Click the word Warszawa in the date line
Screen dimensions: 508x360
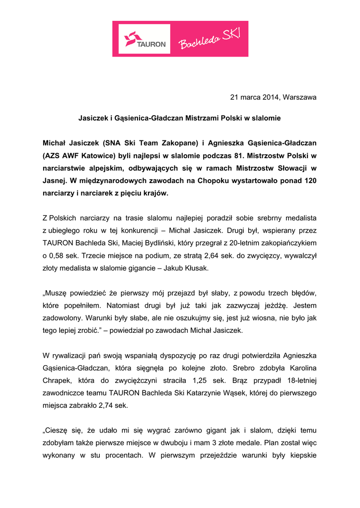(x=299, y=97)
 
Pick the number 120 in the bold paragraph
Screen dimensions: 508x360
(x=309, y=180)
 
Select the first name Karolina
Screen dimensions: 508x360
(x=299, y=369)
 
